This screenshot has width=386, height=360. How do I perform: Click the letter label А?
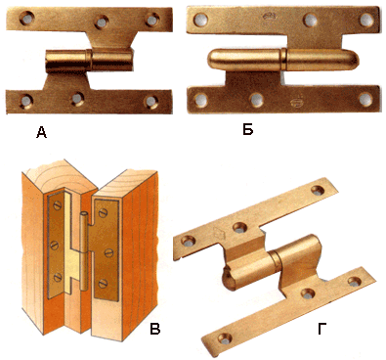41,132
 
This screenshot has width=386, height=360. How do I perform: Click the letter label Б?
248,130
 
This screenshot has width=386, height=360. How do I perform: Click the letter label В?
155,329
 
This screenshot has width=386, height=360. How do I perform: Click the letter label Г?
322,329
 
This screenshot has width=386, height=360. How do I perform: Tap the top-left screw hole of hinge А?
26,18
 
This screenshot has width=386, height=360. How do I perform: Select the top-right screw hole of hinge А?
151,20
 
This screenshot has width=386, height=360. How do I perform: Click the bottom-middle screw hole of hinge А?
78,99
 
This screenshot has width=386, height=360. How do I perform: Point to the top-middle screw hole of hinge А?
102,22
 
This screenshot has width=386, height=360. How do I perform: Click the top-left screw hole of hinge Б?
200,20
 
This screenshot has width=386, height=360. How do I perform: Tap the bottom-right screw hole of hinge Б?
365,100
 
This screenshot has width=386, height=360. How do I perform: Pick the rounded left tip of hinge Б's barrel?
209,61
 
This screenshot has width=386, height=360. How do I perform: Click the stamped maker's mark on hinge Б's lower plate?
295,102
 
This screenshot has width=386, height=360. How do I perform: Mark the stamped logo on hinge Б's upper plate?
269,16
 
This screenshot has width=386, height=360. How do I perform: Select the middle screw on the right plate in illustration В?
108,251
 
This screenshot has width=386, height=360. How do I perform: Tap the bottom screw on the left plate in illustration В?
57,277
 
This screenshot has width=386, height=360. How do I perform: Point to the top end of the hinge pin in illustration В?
83,213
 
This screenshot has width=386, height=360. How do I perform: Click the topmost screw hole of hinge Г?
318,190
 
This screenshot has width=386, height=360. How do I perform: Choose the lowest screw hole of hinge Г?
226,339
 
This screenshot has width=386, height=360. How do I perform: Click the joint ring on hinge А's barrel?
89,61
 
